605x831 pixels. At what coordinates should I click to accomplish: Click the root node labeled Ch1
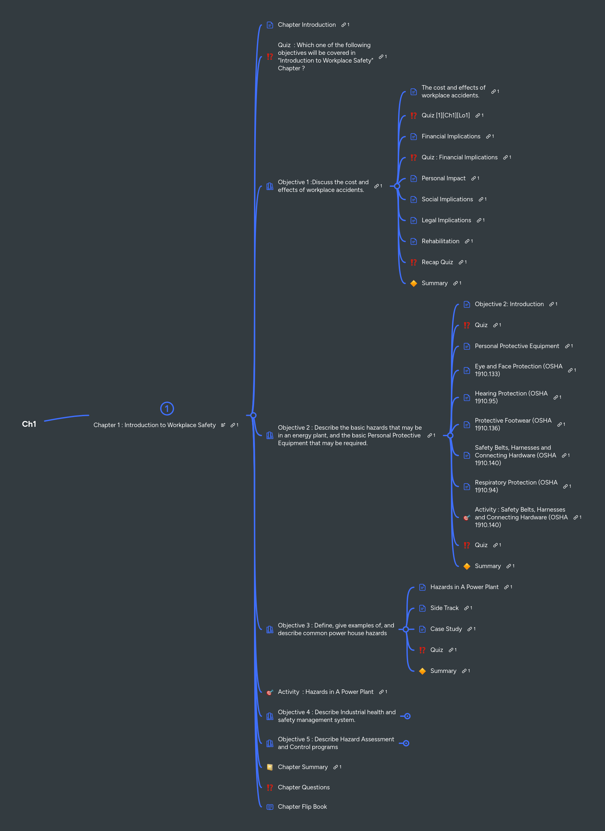[29, 424]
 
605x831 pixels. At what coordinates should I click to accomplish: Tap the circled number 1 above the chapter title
[167, 408]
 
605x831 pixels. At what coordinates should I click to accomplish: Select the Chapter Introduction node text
[307, 25]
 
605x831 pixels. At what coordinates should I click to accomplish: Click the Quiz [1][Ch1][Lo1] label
[445, 115]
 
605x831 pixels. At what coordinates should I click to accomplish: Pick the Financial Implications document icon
[414, 136]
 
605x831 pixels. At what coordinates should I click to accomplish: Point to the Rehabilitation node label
[440, 241]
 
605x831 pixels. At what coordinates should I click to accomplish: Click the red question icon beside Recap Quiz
[414, 262]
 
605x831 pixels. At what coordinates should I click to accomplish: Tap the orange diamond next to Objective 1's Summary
[414, 283]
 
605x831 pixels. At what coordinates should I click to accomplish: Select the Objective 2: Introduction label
[509, 304]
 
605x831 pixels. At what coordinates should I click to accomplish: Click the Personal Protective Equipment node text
[517, 346]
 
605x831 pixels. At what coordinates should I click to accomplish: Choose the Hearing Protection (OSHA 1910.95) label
[511, 397]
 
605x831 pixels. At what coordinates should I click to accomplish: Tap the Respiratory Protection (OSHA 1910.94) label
[516, 486]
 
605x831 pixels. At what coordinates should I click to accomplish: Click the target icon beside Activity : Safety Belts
[467, 517]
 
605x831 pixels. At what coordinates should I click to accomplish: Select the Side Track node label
[444, 608]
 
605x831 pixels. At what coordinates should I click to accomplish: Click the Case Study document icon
[422, 629]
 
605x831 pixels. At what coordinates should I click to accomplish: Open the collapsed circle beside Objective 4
[407, 716]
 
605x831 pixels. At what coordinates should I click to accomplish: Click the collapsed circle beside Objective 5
[406, 743]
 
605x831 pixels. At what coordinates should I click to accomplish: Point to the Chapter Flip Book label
[302, 806]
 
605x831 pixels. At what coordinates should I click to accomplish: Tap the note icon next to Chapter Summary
[270, 767]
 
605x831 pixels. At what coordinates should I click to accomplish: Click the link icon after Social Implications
[481, 199]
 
